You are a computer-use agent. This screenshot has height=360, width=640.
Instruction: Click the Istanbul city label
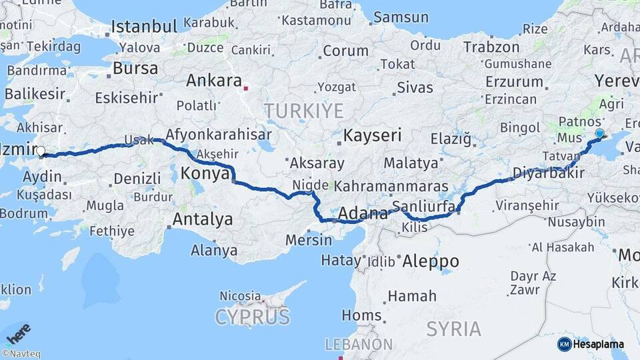click(x=144, y=27)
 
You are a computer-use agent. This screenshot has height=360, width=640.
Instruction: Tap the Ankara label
click(x=213, y=81)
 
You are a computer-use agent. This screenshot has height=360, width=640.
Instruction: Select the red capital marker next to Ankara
click(x=246, y=87)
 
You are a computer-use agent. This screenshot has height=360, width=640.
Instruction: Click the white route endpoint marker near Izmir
click(x=41, y=151)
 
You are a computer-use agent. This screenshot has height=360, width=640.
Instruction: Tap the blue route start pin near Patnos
click(x=599, y=134)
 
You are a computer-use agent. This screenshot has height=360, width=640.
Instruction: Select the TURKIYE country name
click(x=303, y=111)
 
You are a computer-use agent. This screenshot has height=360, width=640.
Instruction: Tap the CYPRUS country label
click(x=252, y=317)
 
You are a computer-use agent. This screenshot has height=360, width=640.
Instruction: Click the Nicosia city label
click(x=240, y=295)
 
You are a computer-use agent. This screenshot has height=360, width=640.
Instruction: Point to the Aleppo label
click(x=430, y=261)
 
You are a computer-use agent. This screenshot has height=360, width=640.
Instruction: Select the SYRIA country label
click(x=453, y=329)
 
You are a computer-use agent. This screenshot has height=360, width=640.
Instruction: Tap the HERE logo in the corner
click(x=17, y=331)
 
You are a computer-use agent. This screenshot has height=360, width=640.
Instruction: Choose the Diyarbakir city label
click(x=548, y=173)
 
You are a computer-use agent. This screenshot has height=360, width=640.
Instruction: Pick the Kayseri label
click(x=372, y=136)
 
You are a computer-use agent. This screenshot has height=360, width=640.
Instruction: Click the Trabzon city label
click(x=491, y=47)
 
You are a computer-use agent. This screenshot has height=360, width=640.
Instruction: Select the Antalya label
click(x=203, y=219)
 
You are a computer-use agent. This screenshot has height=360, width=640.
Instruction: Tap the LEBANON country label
click(x=359, y=345)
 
